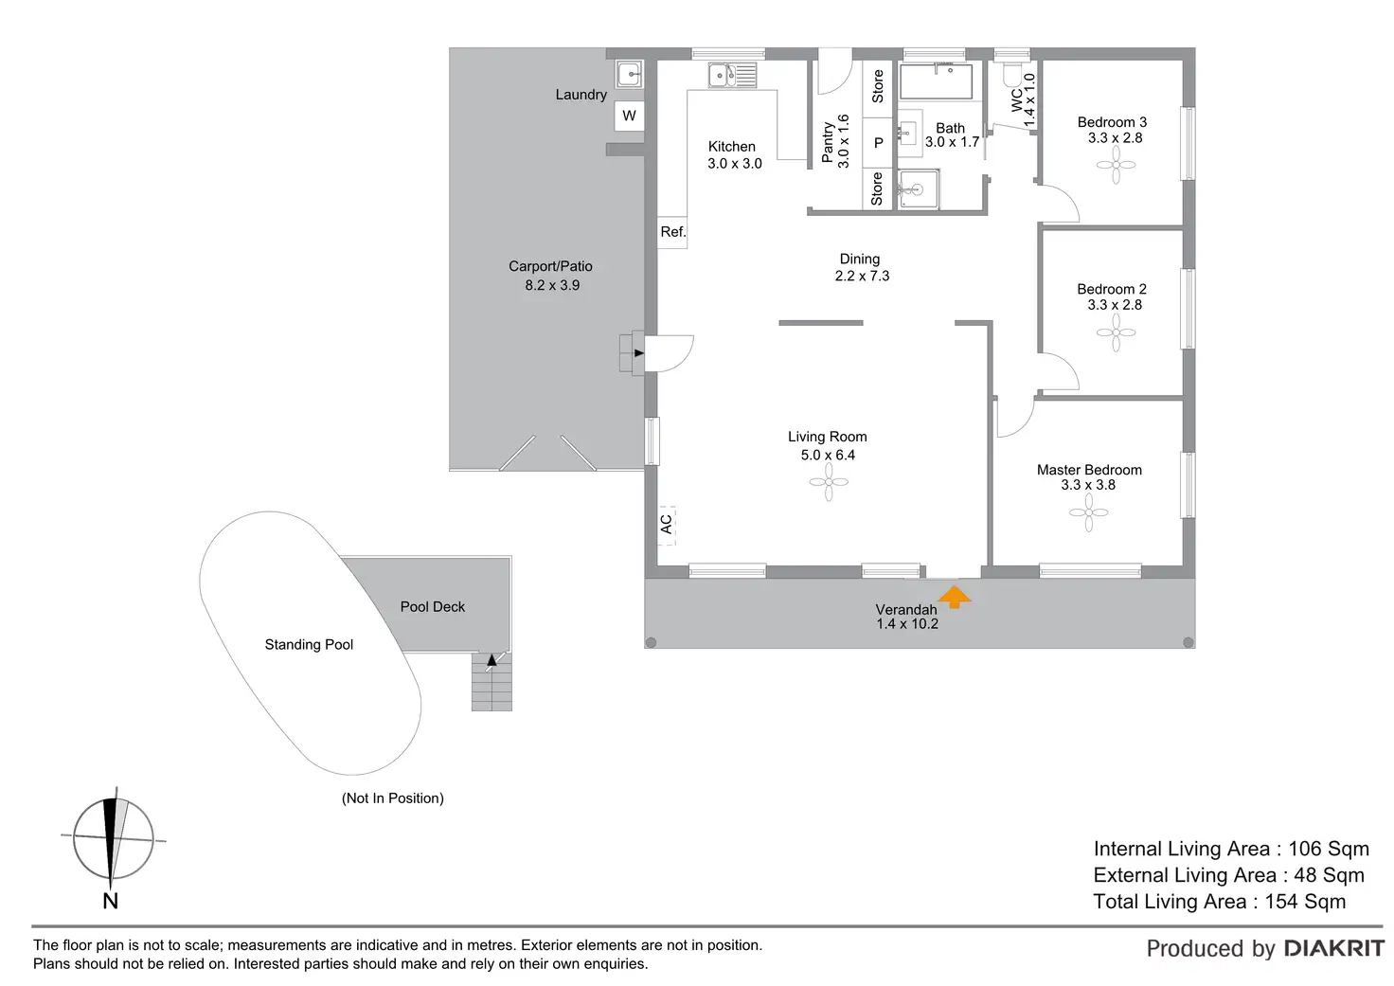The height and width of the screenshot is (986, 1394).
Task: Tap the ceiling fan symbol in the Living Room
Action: tap(829, 482)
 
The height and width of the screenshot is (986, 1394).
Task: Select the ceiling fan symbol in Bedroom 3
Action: tap(1116, 166)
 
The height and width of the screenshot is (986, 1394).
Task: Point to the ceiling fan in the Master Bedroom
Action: tap(1088, 513)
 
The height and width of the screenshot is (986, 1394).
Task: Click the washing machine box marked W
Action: tap(629, 116)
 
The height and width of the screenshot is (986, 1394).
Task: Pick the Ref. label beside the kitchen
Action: tap(672, 232)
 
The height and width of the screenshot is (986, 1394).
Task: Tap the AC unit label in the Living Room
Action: tap(666, 523)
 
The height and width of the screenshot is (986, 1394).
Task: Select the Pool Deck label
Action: tap(433, 607)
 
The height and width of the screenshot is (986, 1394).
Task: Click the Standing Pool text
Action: tap(309, 645)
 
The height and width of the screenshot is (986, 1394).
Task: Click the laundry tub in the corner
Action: tap(629, 73)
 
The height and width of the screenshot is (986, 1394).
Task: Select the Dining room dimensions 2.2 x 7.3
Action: tap(862, 277)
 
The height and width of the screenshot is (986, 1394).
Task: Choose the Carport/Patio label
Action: tap(550, 266)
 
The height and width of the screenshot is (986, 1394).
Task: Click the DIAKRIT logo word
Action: tap(1333, 948)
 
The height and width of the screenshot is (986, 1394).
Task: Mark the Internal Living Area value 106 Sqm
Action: tap(1328, 849)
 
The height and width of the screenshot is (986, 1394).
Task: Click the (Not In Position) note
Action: tap(392, 798)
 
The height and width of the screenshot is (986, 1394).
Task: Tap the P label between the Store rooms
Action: tap(878, 143)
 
